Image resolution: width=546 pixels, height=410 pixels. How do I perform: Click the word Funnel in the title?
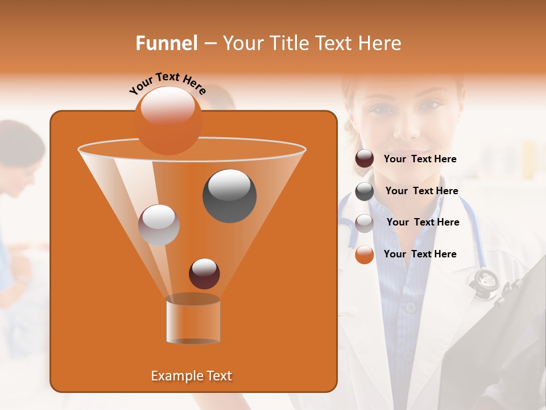point(167,43)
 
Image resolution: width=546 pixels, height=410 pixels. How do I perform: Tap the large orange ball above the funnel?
point(168,120)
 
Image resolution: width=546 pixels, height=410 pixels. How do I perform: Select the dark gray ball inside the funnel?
point(229,195)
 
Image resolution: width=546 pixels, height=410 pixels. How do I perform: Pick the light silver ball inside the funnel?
point(159,225)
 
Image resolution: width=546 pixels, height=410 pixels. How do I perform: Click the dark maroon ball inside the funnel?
point(204,273)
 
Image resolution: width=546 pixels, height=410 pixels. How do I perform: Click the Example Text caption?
point(191,376)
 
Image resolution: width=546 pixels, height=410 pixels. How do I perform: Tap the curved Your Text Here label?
point(167,83)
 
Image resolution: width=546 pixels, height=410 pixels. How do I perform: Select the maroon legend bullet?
point(365,159)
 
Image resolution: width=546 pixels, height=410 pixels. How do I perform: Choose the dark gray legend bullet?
point(365,191)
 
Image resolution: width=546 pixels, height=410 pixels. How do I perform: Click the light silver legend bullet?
point(365,223)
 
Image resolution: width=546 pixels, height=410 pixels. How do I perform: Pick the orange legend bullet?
point(365,255)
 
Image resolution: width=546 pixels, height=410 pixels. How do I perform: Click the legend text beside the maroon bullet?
point(420,159)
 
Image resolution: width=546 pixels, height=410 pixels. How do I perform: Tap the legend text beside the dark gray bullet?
point(421,191)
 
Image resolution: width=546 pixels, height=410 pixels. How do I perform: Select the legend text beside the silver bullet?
point(423,222)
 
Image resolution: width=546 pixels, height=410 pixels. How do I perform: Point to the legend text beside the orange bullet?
point(420,254)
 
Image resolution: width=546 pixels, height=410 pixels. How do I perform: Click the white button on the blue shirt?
point(411,307)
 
